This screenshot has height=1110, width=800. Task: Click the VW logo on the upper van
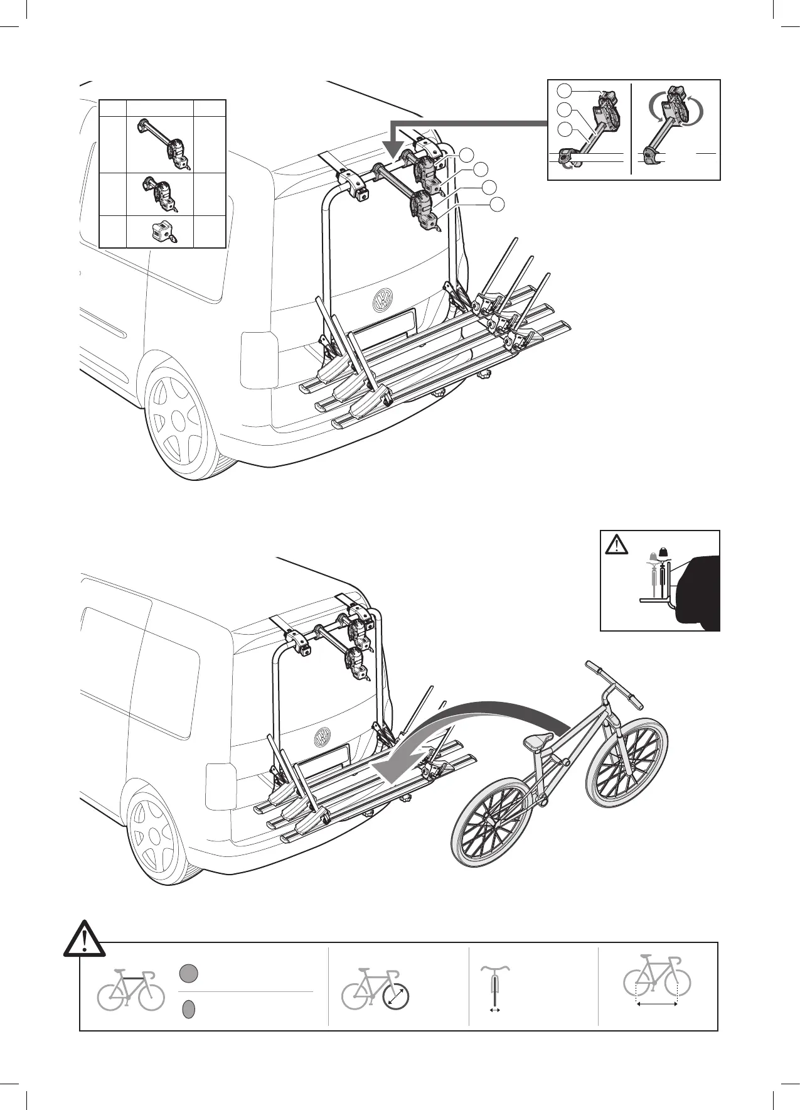pyautogui.click(x=382, y=301)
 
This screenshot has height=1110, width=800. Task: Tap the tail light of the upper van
pyautogui.click(x=259, y=360)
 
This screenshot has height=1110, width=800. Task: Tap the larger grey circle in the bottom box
pyautogui.click(x=188, y=991)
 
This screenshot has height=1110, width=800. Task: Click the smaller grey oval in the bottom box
pyautogui.click(x=188, y=1010)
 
